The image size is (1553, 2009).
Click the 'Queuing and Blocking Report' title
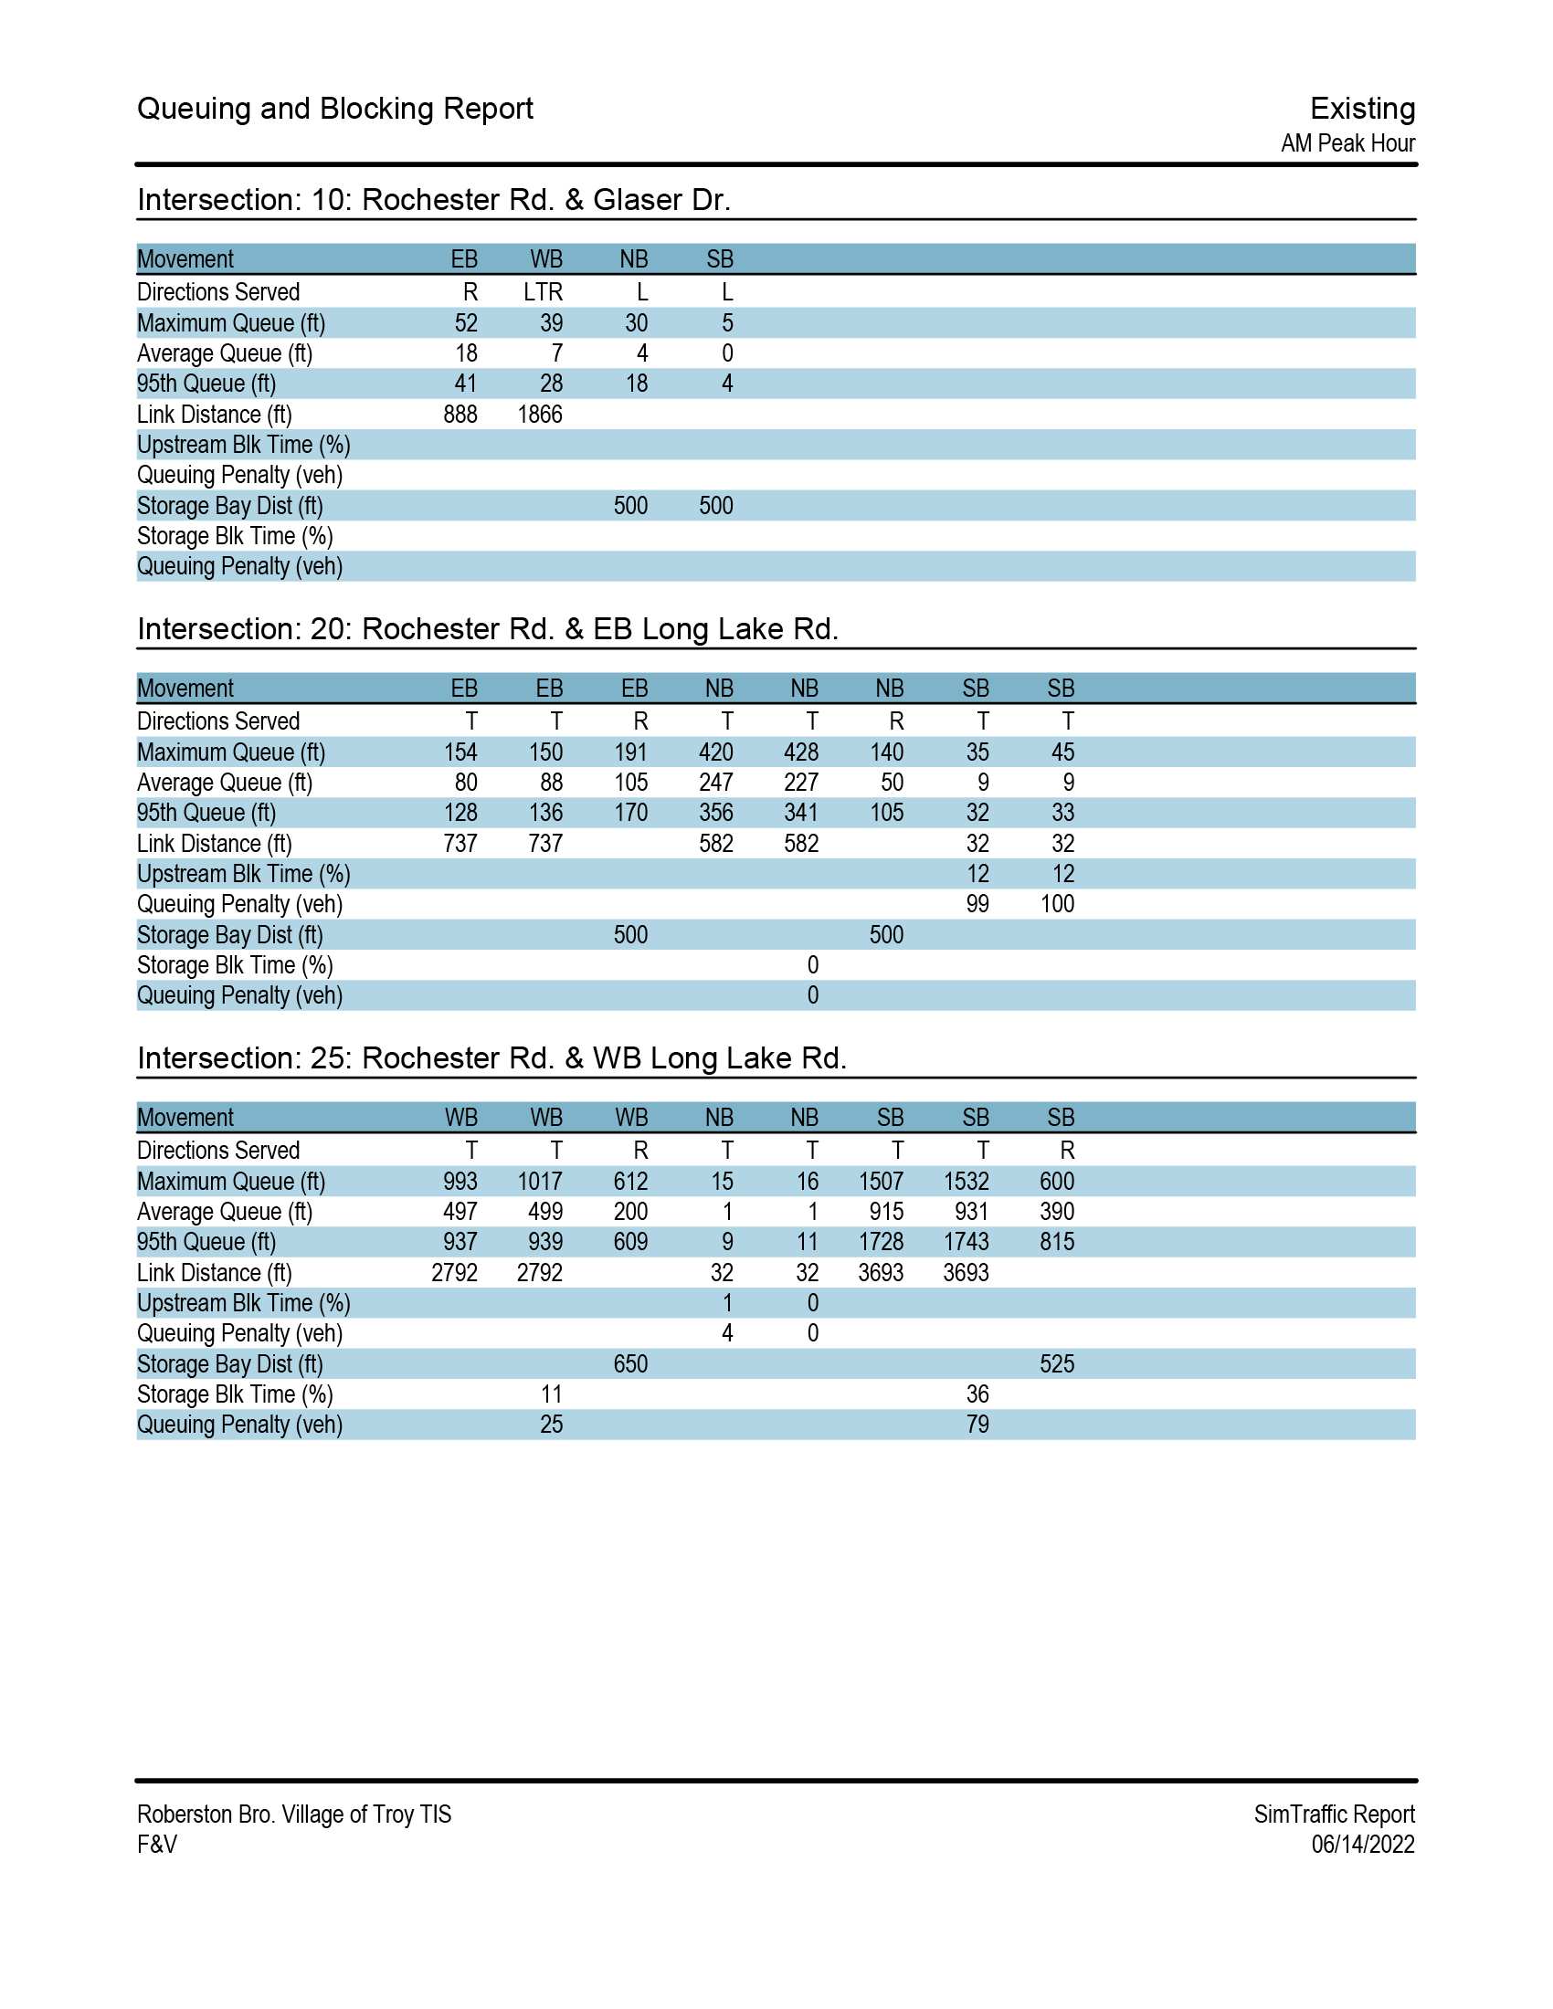point(335,109)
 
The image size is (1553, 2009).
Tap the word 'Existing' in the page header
point(1362,109)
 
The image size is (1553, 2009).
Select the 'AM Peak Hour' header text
point(1347,143)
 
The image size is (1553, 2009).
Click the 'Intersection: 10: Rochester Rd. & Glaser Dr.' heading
point(433,200)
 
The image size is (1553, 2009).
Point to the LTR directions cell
point(543,291)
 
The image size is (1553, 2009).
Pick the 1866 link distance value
point(540,414)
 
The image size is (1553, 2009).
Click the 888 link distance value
point(460,414)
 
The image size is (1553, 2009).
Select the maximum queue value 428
point(800,752)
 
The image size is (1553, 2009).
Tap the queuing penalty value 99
point(977,903)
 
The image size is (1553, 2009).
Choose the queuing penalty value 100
point(1057,903)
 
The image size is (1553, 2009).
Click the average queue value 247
point(716,782)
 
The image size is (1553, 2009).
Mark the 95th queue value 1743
point(966,1241)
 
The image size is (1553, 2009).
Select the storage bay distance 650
point(630,1363)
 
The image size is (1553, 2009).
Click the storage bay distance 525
point(1057,1363)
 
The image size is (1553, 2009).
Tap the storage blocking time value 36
point(977,1394)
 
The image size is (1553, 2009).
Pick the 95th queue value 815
point(1057,1241)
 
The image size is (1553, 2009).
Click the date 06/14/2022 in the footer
point(1363,1844)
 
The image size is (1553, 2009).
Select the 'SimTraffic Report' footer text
point(1334,1813)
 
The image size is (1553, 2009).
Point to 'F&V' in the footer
point(157,1844)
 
